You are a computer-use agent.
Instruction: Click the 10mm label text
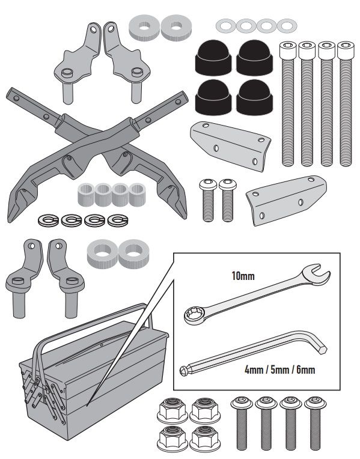tap(243, 276)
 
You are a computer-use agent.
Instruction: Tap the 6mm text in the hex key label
tap(305, 370)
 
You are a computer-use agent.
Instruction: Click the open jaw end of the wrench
tap(317, 273)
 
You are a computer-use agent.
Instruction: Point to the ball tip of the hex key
tap(184, 371)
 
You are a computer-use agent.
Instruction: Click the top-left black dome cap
tap(213, 58)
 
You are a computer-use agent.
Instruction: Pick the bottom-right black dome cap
tap(255, 97)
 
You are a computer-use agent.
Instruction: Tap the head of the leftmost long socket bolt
tap(288, 50)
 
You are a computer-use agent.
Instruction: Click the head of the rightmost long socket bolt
tap(346, 50)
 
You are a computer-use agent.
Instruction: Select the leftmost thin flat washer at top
tap(226, 26)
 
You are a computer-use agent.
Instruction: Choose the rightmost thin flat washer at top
tap(287, 26)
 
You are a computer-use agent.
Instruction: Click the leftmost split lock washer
tap(48, 220)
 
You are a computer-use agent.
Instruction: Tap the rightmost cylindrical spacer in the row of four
tap(138, 195)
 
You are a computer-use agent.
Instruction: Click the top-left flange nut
tap(172, 410)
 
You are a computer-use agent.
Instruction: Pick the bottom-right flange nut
tap(205, 437)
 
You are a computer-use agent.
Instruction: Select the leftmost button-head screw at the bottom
tap(242, 423)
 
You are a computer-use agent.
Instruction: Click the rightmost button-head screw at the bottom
tap(315, 423)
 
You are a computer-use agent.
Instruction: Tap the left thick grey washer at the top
tap(144, 28)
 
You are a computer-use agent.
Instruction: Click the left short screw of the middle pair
tap(208, 200)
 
